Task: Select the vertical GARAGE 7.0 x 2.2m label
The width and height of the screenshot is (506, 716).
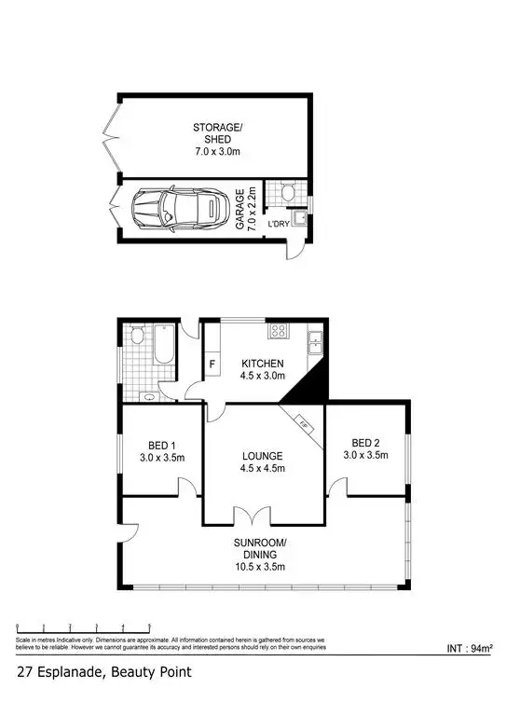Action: coord(244,209)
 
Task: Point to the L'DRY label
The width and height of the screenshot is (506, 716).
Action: coord(279,225)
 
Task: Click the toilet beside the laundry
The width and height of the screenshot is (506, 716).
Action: coord(288,193)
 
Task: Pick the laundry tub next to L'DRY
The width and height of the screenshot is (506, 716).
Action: coord(300,220)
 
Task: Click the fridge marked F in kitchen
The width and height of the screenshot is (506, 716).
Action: coord(212,363)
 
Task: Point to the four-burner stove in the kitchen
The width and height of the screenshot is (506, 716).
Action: coord(279,331)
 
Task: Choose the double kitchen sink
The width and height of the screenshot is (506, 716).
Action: coord(316,343)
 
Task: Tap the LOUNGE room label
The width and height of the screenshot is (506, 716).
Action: coord(264,461)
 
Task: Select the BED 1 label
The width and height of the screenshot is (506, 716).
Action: coord(161,450)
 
